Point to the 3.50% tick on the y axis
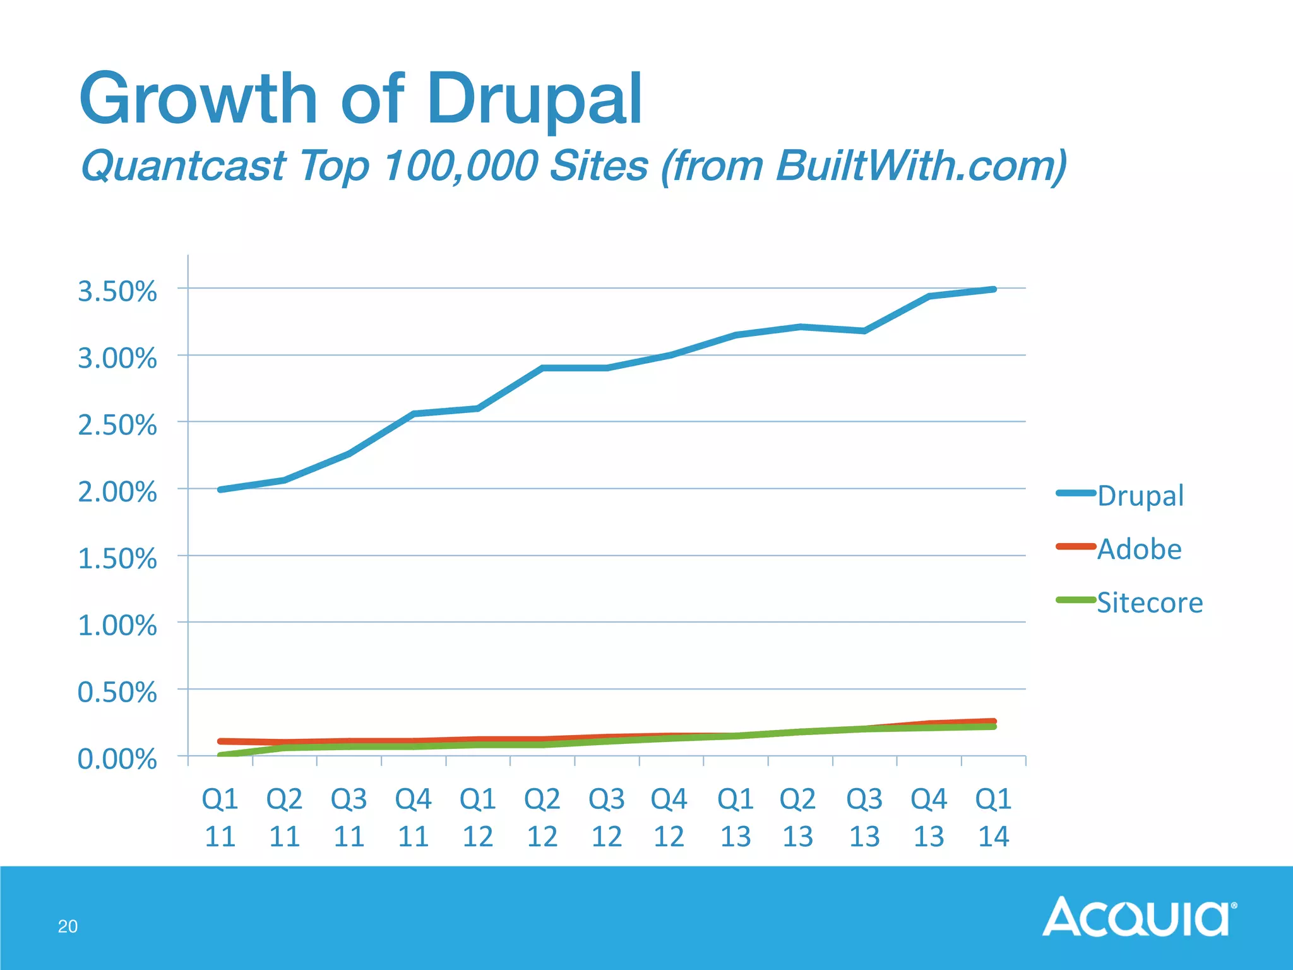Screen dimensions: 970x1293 (117, 292)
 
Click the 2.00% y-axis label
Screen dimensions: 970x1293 (117, 492)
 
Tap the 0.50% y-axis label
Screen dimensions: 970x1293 (117, 692)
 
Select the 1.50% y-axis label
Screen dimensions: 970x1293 (117, 559)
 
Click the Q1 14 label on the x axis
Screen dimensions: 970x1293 (993, 818)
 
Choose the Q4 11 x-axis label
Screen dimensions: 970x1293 (414, 818)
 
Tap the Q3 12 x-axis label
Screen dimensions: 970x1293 (607, 818)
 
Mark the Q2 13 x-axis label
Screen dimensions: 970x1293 (798, 818)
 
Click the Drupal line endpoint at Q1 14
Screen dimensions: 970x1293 (994, 289)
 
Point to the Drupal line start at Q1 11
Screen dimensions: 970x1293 (220, 489)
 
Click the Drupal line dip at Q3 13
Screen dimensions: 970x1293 (864, 331)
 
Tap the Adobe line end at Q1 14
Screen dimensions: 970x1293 (994, 721)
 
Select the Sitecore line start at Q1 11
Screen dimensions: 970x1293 (220, 755)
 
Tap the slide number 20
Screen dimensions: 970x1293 (68, 926)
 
